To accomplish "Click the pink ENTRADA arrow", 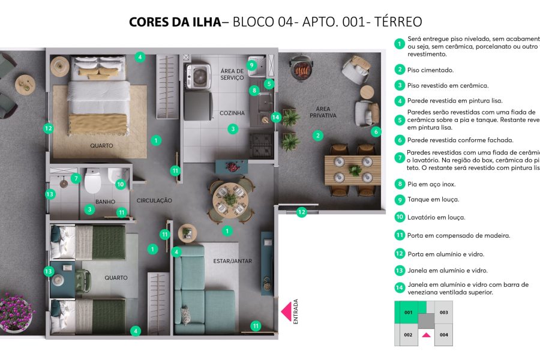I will coord(287,311).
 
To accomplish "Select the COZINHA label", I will coord(232,113).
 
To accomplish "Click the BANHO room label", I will coord(105,202).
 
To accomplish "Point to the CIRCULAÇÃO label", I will coord(154,200).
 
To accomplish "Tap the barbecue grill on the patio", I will coord(299,67).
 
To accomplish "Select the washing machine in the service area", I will coord(198,76).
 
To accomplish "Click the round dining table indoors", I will coord(231,198).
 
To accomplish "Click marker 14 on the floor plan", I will coord(276,118).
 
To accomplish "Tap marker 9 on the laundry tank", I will coord(251,65).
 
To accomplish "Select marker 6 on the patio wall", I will coord(376,132).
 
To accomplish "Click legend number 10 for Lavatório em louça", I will coord(400,217).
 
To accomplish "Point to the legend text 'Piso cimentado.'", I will coord(430,70).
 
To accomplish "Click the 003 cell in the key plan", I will coord(443,313).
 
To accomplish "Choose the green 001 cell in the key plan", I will coord(408,313).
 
